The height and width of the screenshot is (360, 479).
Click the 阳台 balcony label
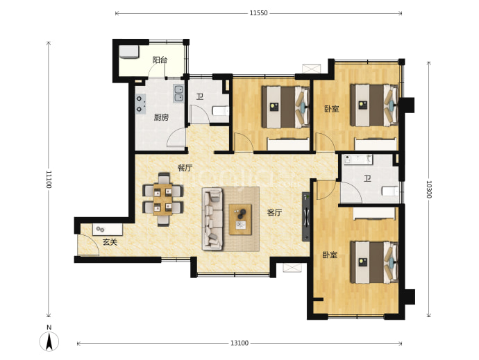coord(160,60)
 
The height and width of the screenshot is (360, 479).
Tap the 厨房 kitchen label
coord(161,117)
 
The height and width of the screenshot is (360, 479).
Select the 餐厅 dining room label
coord(185,168)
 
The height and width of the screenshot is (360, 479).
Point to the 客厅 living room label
coord(274,212)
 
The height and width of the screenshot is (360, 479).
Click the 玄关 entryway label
coord(110,242)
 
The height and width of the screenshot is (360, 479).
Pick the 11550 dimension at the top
coord(258,13)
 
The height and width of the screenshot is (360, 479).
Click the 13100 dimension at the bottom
coord(239,343)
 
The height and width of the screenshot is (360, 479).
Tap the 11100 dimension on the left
coord(49,179)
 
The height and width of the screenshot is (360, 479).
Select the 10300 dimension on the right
coord(428,189)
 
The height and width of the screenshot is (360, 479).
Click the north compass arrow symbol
coord(49,341)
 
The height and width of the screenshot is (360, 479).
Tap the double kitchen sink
coord(178,94)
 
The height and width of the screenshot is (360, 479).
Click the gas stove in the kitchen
coord(140,103)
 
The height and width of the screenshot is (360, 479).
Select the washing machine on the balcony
coord(128,52)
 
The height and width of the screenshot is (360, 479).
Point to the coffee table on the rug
coord(240,220)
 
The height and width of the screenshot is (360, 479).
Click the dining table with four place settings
coord(163,200)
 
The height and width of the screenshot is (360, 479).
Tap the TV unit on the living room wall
coord(305,216)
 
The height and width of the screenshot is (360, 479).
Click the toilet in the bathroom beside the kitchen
coord(221,111)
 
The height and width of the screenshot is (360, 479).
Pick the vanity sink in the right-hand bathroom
coord(358,160)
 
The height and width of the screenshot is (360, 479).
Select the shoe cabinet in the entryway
coord(108,230)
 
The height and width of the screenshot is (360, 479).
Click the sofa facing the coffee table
coord(212,219)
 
